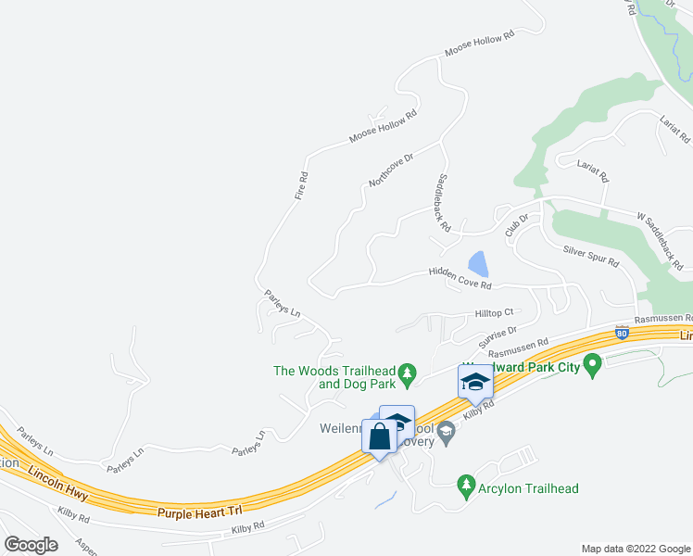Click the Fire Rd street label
coord(300,185)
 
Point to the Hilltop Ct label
coord(494,313)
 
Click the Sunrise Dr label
coord(498,335)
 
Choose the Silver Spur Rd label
coord(590,255)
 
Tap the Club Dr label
coord(516,225)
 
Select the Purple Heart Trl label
coord(198,511)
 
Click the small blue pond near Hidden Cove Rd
coord(478,264)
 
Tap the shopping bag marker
coord(380,436)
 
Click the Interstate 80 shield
coord(622,330)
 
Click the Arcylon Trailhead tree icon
coord(467,484)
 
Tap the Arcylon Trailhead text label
coord(529,488)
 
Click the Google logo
coord(31,545)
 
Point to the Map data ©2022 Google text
coord(635,549)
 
